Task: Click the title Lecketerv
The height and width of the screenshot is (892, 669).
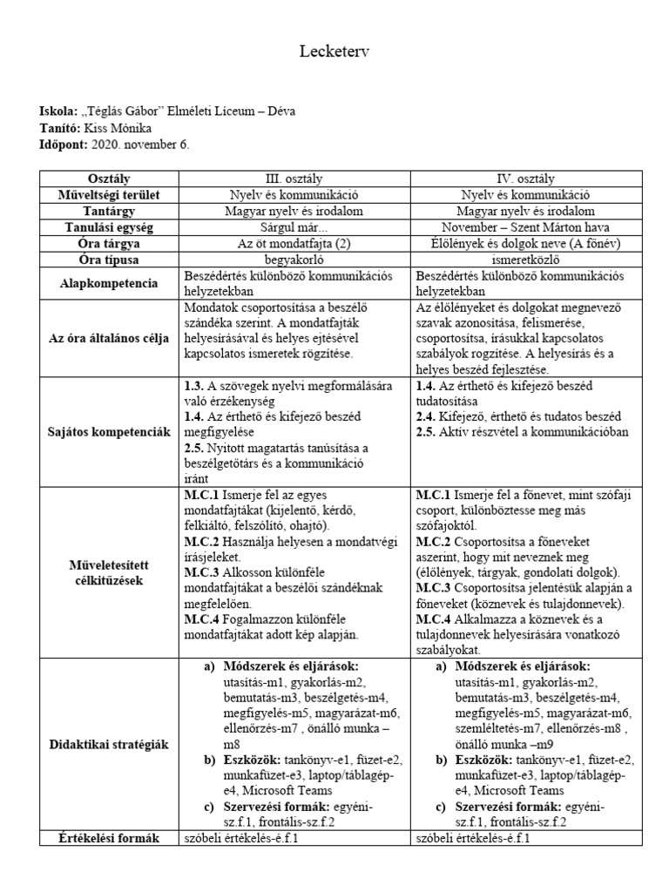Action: pyautogui.click(x=334, y=54)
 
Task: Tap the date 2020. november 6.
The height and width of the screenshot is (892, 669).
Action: pyautogui.click(x=137, y=144)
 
